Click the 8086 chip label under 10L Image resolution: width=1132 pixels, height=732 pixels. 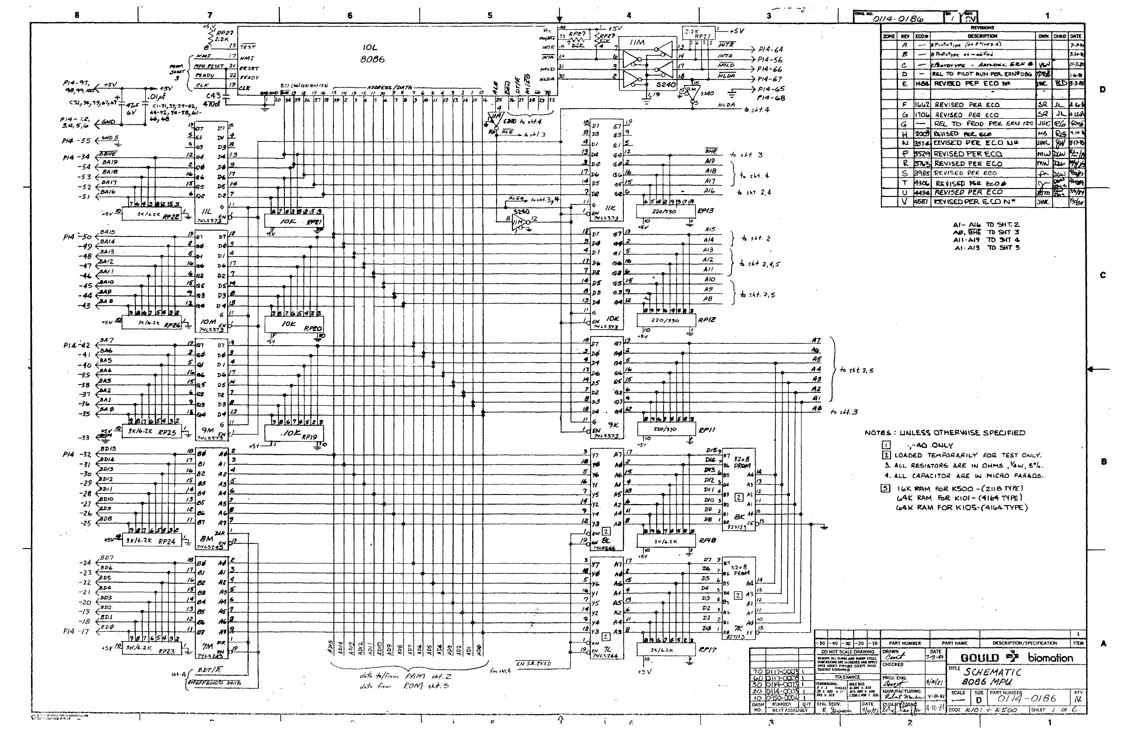click(x=372, y=60)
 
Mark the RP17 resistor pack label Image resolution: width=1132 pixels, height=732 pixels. click(x=706, y=649)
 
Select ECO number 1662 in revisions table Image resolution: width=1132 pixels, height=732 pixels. click(x=921, y=104)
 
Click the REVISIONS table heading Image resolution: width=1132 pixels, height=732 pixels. click(x=983, y=28)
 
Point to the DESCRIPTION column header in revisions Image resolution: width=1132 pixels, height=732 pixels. click(x=982, y=36)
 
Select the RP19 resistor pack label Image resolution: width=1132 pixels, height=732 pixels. click(x=312, y=437)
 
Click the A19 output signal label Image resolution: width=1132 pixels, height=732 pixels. click(x=710, y=162)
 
